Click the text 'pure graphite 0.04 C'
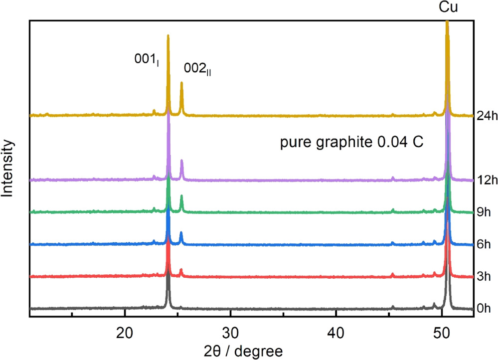[x=351, y=142]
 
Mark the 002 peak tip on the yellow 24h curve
[x=181, y=83]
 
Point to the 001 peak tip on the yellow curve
[x=168, y=35]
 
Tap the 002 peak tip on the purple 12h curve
[x=181, y=161]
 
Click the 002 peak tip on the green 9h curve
[x=181, y=196]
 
